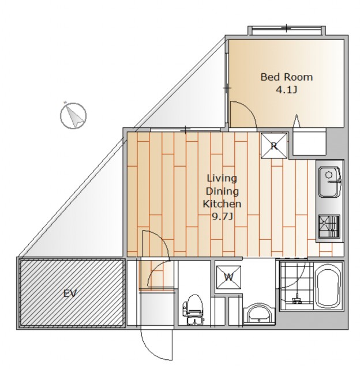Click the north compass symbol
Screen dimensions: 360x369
click(x=73, y=115)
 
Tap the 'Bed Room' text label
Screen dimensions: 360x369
click(x=287, y=77)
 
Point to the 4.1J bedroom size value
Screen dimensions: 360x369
click(x=286, y=90)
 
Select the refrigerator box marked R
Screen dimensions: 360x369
click(x=274, y=146)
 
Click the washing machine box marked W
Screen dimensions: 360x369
click(x=228, y=277)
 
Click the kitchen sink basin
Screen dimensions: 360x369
click(x=330, y=182)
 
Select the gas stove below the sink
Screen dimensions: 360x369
click(x=329, y=227)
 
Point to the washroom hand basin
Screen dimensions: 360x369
click(x=259, y=314)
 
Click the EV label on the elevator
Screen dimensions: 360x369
click(x=70, y=293)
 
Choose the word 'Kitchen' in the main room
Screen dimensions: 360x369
click(x=222, y=204)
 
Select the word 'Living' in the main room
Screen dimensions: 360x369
click(x=222, y=179)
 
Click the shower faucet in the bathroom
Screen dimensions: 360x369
click(x=297, y=299)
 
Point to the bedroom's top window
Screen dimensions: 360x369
click(x=287, y=31)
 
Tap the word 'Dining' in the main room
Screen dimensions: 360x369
click(x=222, y=191)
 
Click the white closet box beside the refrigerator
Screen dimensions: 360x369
click(x=309, y=142)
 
